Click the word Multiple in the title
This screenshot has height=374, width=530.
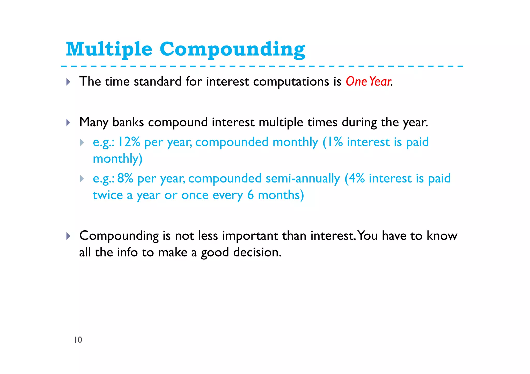109,49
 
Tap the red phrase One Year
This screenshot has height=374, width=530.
368,81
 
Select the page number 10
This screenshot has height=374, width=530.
78,340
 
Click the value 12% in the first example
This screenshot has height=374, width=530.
129,142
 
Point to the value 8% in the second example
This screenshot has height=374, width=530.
125,178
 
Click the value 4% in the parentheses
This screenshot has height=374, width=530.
356,178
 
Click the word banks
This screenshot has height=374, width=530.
128,122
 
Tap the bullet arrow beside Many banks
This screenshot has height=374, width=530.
68,123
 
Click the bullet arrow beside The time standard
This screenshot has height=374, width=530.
68,82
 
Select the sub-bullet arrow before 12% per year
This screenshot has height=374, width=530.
82,142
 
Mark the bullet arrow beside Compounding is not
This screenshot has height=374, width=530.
68,236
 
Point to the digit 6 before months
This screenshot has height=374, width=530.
250,195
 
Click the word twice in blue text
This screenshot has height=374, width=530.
108,195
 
